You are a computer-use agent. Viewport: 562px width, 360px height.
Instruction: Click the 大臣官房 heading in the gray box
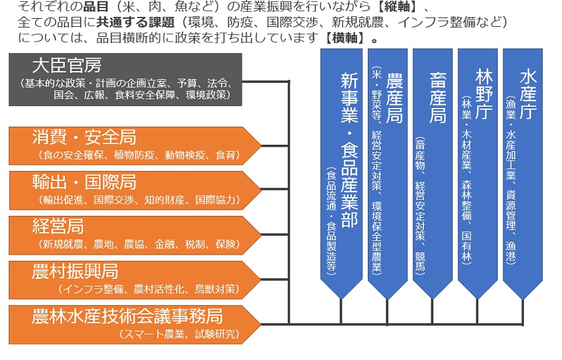pyautogui.click(x=67, y=65)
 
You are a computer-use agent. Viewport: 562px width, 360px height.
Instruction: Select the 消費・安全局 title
pyautogui.click(x=84, y=137)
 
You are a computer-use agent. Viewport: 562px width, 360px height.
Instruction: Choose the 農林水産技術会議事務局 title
pyautogui.click(x=127, y=316)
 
